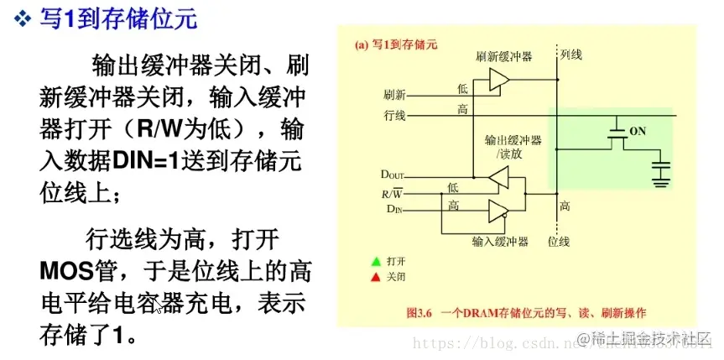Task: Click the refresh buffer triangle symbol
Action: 499,79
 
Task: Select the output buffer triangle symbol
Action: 498,178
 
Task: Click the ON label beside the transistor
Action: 638,132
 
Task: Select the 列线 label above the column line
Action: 570,55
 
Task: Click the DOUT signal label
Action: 392,175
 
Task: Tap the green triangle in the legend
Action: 377,262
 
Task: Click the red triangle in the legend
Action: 377,277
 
